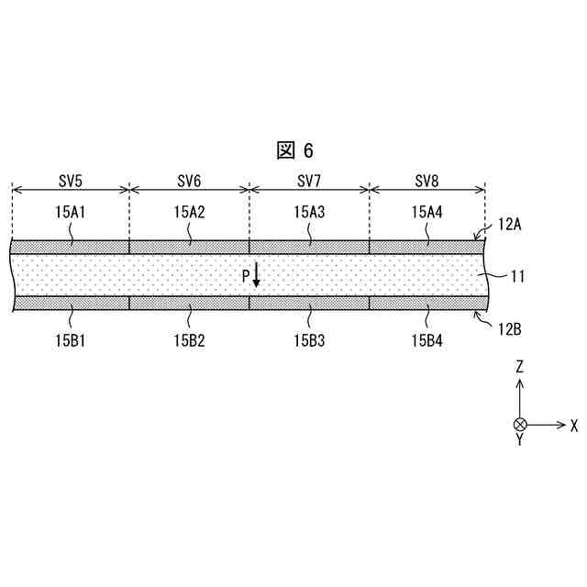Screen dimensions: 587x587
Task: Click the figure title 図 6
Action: click(293, 150)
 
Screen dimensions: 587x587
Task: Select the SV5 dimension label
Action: click(71, 179)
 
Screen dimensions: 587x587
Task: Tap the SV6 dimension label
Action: click(189, 179)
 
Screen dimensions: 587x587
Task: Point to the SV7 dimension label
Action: click(309, 179)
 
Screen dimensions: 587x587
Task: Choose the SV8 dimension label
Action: click(427, 179)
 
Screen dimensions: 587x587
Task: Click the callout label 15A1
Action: click(71, 212)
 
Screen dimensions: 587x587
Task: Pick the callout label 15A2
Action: click(189, 212)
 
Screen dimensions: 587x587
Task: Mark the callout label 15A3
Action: click(309, 212)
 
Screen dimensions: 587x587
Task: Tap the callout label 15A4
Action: click(427, 212)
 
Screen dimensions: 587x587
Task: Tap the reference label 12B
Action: click(510, 326)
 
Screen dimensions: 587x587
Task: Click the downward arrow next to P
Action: click(257, 274)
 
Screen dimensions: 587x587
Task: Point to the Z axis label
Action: click(520, 366)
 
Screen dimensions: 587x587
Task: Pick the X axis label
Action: click(574, 426)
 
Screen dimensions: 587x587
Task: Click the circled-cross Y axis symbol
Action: click(520, 425)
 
